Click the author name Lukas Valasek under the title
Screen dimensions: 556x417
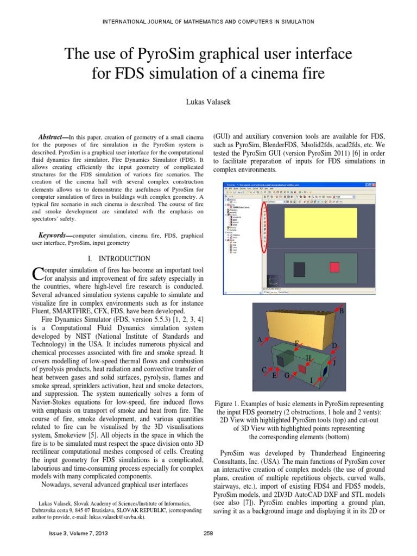pos(208,102)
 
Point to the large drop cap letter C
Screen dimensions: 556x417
pos(37,275)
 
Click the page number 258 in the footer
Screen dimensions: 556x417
pos(208,548)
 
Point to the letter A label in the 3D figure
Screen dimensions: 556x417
pos(260,339)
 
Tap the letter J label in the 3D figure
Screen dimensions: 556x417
pos(334,362)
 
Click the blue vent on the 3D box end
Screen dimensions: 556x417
pos(325,370)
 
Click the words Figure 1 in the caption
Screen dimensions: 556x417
pos(230,404)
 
